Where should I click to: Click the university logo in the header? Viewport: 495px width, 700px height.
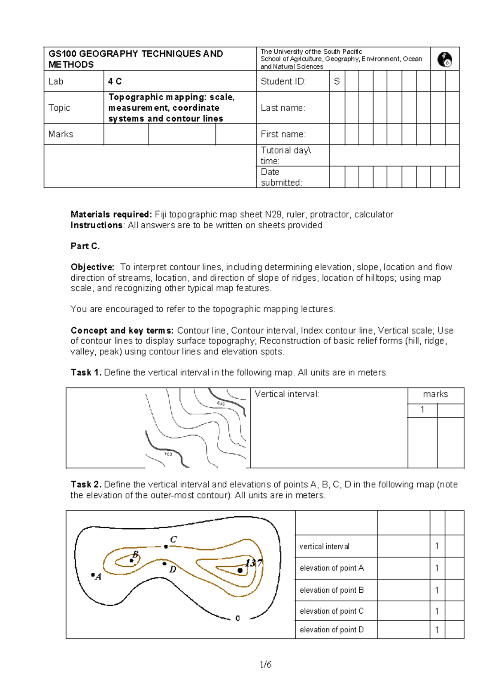(445, 59)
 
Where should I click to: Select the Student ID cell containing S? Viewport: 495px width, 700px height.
(337, 82)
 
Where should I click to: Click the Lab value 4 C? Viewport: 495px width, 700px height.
(115, 82)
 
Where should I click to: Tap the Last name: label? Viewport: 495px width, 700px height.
(283, 108)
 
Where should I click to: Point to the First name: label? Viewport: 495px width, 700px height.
(283, 135)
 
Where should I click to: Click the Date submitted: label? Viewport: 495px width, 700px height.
(281, 177)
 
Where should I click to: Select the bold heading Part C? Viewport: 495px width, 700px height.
(85, 246)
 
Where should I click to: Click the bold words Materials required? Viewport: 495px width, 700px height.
(111, 215)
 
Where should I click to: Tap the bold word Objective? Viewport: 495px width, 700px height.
(92, 267)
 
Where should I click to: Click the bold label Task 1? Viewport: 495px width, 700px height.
(86, 373)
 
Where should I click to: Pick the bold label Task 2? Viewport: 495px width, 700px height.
(86, 485)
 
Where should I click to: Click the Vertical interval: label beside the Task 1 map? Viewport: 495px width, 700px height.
(287, 394)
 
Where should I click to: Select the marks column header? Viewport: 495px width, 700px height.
(435, 394)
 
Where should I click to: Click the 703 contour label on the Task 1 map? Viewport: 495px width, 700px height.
(168, 454)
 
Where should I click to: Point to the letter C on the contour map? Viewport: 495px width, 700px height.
(174, 539)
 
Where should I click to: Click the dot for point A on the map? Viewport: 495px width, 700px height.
(93, 574)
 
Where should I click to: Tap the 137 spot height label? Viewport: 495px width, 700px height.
(253, 563)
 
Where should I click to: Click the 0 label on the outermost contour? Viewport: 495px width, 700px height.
(238, 618)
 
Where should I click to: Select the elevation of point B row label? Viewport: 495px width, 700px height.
(332, 590)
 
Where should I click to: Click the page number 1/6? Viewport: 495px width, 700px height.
(266, 665)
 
